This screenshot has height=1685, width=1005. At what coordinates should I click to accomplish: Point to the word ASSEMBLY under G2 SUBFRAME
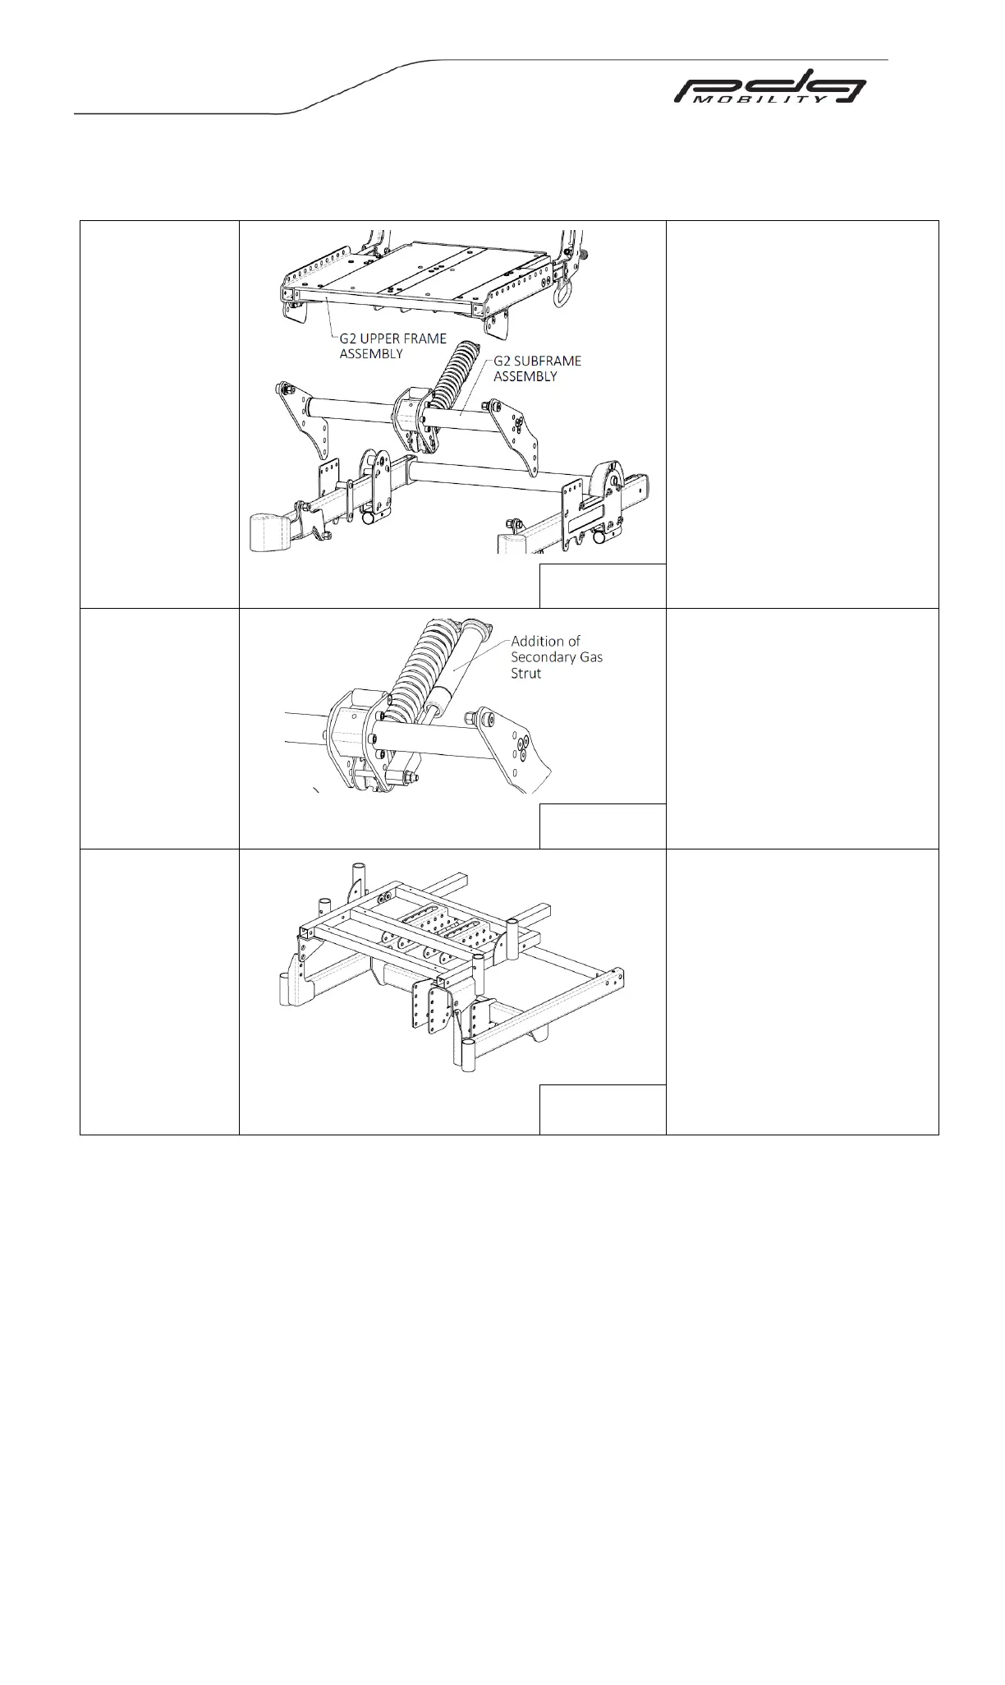pos(525,376)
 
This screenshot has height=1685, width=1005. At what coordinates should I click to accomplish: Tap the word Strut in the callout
pos(526,674)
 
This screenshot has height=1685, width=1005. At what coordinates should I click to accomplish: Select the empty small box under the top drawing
pos(602,585)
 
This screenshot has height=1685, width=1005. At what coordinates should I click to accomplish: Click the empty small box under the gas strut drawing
pos(602,826)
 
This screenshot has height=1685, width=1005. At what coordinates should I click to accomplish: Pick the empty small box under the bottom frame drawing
pos(602,1109)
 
